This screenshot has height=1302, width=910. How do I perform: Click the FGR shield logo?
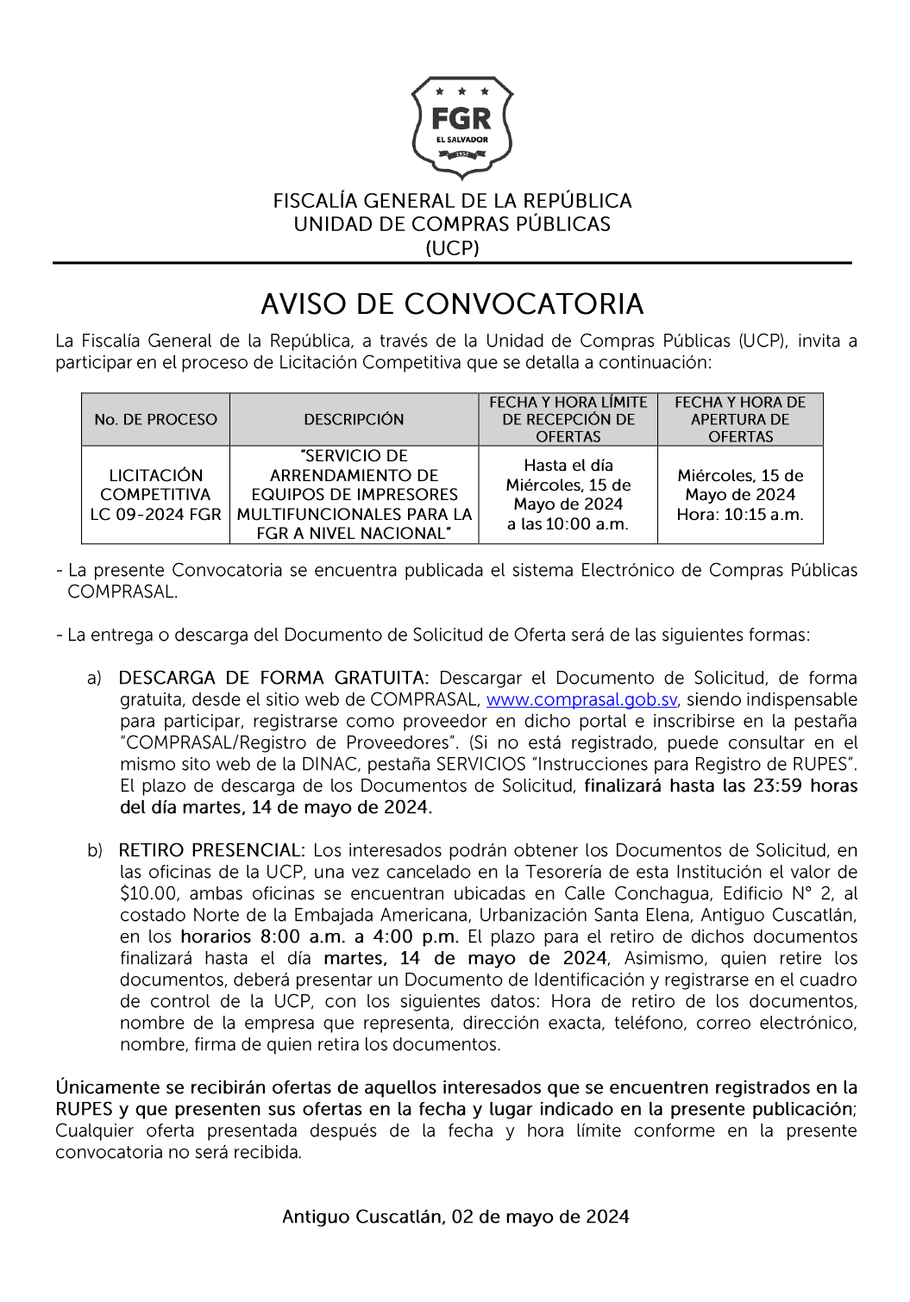click(461, 127)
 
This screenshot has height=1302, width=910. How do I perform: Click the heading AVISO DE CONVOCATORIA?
click(452, 304)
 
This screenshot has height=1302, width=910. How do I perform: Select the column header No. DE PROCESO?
click(155, 420)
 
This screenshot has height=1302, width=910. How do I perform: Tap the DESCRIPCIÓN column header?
click(354, 420)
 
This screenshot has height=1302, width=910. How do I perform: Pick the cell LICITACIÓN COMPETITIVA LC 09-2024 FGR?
click(155, 495)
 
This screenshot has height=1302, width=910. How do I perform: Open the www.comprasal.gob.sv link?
click(581, 700)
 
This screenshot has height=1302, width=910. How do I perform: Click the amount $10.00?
click(148, 894)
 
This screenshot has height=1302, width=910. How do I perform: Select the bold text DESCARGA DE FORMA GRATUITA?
click(273, 679)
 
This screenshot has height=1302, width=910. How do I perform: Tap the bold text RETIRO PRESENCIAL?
click(211, 851)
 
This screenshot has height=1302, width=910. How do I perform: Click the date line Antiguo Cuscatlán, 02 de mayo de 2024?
click(455, 1217)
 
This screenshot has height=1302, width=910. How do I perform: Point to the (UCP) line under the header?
click(452, 248)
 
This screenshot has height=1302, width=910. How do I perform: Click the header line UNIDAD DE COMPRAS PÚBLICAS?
click(452, 224)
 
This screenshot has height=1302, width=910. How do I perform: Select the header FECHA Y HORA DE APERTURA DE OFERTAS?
click(740, 420)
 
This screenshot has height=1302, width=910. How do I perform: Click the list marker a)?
click(94, 679)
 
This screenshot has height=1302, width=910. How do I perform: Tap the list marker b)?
click(94, 851)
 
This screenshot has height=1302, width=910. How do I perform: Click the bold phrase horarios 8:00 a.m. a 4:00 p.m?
click(321, 937)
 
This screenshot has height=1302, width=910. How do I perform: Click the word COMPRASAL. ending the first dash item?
click(122, 592)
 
